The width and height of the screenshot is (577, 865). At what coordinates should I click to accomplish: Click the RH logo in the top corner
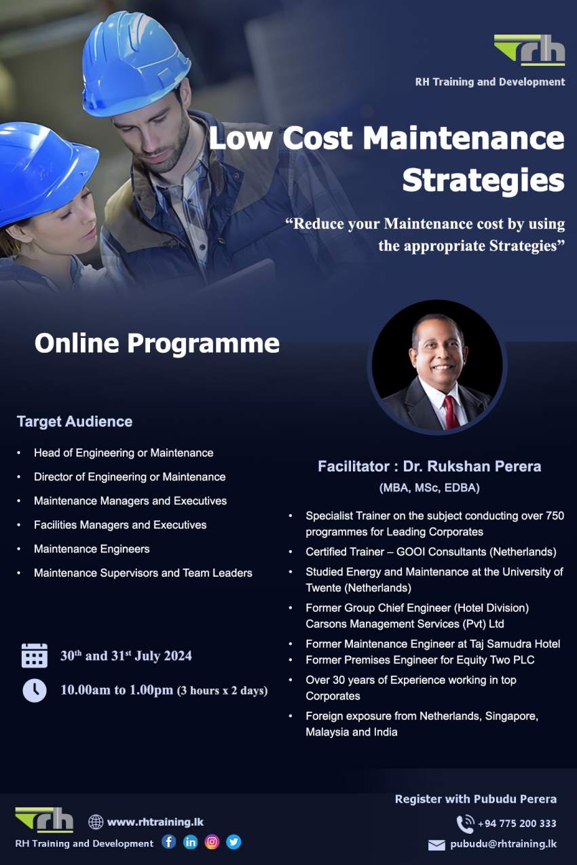(529, 50)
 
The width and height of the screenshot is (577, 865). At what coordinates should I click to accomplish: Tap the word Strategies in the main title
(483, 180)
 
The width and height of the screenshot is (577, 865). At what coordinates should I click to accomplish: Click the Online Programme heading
(157, 343)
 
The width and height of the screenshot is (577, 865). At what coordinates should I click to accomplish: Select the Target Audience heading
(75, 421)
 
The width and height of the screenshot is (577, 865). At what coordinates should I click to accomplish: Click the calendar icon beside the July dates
(35, 656)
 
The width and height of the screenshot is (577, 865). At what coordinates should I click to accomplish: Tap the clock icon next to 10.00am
(35, 690)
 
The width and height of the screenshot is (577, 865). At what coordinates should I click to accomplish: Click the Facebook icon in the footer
(169, 842)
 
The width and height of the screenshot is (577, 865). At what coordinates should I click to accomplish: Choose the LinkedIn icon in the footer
(191, 842)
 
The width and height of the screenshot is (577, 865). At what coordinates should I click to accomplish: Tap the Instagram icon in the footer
(212, 842)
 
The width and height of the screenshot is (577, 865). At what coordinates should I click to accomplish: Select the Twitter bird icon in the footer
(234, 842)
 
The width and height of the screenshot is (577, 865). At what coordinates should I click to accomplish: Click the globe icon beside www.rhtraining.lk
(96, 822)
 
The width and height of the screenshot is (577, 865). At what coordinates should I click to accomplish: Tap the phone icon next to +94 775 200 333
(465, 824)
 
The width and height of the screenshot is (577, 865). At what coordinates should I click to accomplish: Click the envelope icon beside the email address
(436, 845)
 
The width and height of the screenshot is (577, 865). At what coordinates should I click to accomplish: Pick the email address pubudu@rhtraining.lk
(503, 844)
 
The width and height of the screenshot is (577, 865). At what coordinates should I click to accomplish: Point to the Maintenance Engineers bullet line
(92, 549)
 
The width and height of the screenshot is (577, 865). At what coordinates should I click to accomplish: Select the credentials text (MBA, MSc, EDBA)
(429, 487)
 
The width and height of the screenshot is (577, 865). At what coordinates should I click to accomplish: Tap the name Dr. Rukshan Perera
(472, 467)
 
